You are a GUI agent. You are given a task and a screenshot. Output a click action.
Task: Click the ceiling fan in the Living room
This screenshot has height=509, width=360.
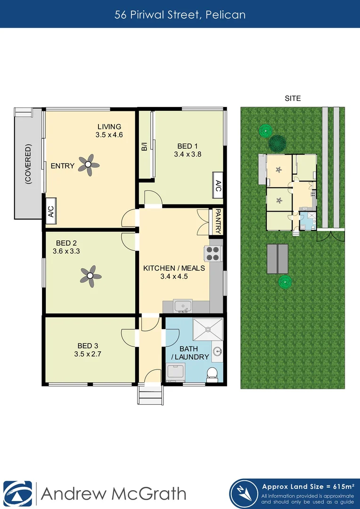click(89, 165)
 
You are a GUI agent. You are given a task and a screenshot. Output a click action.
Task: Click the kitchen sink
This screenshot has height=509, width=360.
click(182, 307)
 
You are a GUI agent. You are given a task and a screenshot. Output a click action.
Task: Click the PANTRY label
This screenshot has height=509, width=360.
click(218, 222)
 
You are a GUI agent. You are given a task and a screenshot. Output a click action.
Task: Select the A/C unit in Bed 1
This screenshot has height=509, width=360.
click(218, 186)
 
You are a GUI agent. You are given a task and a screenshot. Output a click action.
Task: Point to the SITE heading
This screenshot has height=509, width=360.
click(293, 99)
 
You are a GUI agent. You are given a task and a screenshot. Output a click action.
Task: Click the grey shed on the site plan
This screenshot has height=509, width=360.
click(278, 259)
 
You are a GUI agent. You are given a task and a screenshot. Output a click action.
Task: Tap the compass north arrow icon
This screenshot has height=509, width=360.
click(245, 493)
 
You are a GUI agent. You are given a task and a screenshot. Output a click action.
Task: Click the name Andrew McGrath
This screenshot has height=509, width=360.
click(114, 493)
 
